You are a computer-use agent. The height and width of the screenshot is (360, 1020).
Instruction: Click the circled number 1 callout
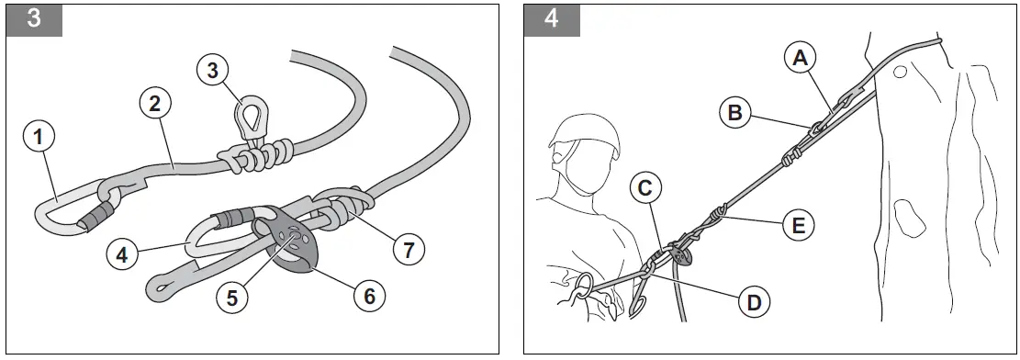[38, 138]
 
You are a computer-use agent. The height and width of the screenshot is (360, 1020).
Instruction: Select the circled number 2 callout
[154, 103]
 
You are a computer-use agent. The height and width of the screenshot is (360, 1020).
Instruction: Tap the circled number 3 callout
[212, 70]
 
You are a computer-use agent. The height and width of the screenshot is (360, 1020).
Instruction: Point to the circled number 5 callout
[233, 297]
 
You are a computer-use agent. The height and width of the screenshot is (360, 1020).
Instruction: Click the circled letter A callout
[800, 57]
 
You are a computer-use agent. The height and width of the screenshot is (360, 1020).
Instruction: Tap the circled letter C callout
[646, 188]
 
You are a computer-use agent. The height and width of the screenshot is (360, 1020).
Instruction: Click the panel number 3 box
[34, 18]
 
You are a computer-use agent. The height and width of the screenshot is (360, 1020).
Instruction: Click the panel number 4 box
[551, 18]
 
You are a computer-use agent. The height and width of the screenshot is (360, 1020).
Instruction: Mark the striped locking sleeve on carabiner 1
[95, 215]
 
